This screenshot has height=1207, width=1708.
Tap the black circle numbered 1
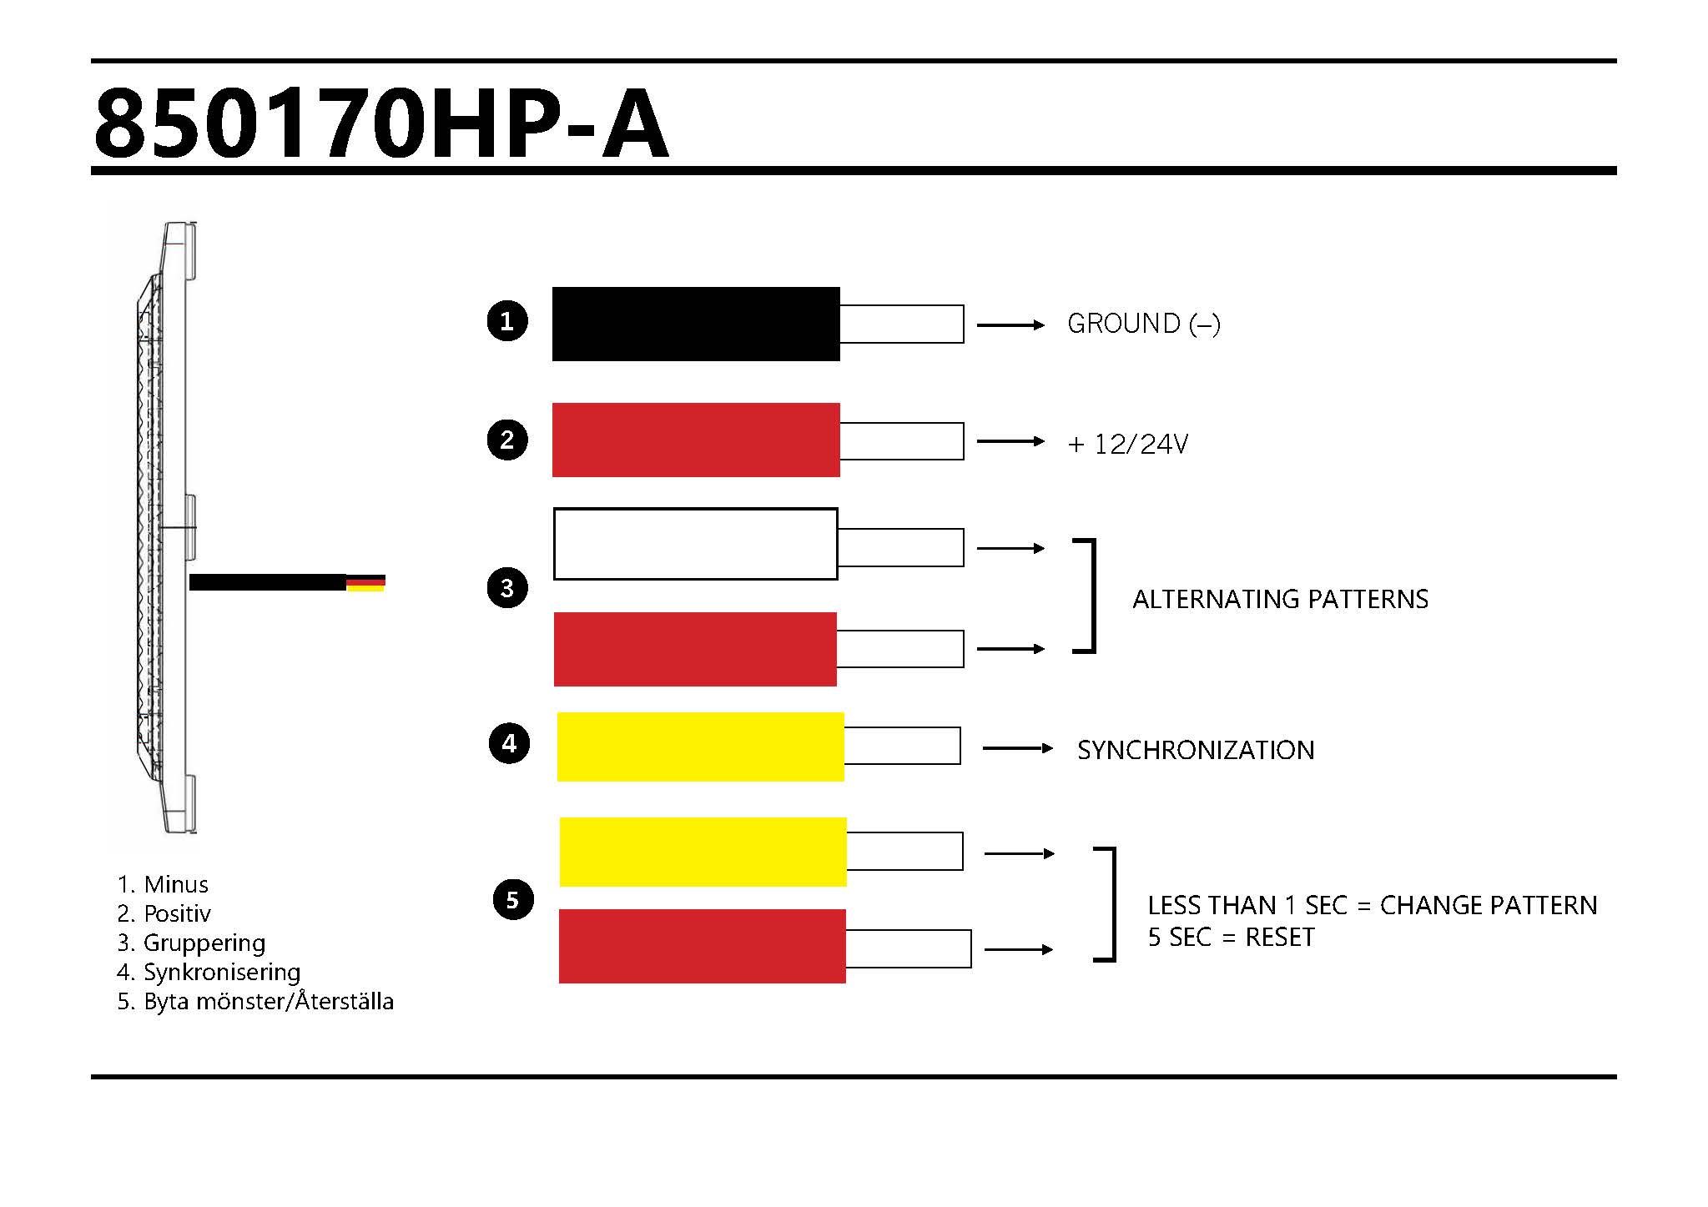pyautogui.click(x=507, y=321)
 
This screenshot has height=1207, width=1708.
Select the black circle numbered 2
pyautogui.click(x=507, y=440)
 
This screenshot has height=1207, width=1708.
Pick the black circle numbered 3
pyautogui.click(x=507, y=587)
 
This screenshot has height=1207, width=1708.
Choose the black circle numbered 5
pyautogui.click(x=512, y=899)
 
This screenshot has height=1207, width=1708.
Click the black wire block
pyautogui.click(x=696, y=324)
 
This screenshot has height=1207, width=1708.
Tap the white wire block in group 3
pyautogui.click(x=696, y=544)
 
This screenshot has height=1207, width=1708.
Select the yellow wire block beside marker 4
pyautogui.click(x=701, y=747)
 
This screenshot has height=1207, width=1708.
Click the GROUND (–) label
pyautogui.click(x=1144, y=324)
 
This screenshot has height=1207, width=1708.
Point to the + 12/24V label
pyautogui.click(x=1127, y=444)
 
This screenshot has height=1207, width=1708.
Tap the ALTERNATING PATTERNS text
pyautogui.click(x=1280, y=599)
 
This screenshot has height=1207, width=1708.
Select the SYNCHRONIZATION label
pyautogui.click(x=1196, y=750)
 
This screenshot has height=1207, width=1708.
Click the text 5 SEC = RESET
pyautogui.click(x=1231, y=937)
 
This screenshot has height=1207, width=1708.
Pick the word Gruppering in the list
pyautogui.click(x=204, y=943)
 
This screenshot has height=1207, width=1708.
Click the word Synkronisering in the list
pyautogui.click(x=221, y=972)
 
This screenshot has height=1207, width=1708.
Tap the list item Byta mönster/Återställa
pyautogui.click(x=268, y=1001)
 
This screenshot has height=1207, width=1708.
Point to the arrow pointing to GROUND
pyautogui.click(x=1010, y=324)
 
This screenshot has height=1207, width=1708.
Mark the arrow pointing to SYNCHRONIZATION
pyautogui.click(x=1017, y=748)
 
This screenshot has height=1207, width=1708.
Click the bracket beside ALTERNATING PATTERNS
pyautogui.click(x=1089, y=596)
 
